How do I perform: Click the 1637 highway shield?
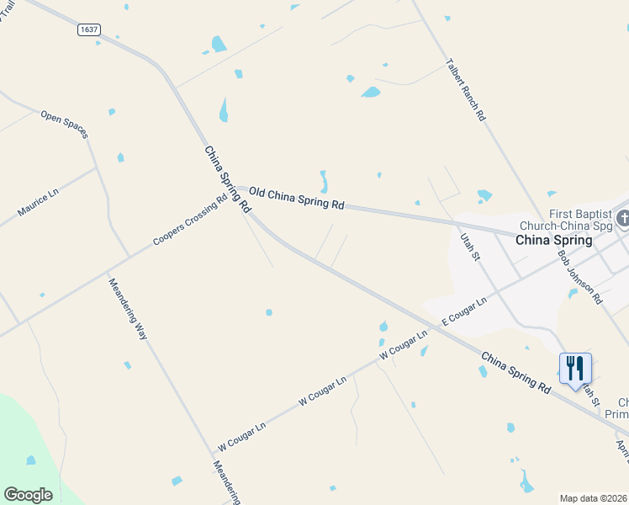[x=88, y=29]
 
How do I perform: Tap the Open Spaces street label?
[x=64, y=124]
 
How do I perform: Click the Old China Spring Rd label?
[x=297, y=199]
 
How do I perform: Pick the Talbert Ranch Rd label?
[x=466, y=90]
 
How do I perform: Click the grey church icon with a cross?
[x=623, y=219]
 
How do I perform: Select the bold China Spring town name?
[x=553, y=240]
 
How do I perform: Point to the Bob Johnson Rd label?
[x=580, y=276]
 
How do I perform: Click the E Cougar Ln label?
[x=464, y=312]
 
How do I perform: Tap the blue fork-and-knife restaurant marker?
[x=575, y=369]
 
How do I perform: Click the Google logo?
[x=29, y=495]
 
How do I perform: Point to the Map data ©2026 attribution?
[x=594, y=497]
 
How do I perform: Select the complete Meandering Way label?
[x=128, y=309]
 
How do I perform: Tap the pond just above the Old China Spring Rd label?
[x=323, y=182]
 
